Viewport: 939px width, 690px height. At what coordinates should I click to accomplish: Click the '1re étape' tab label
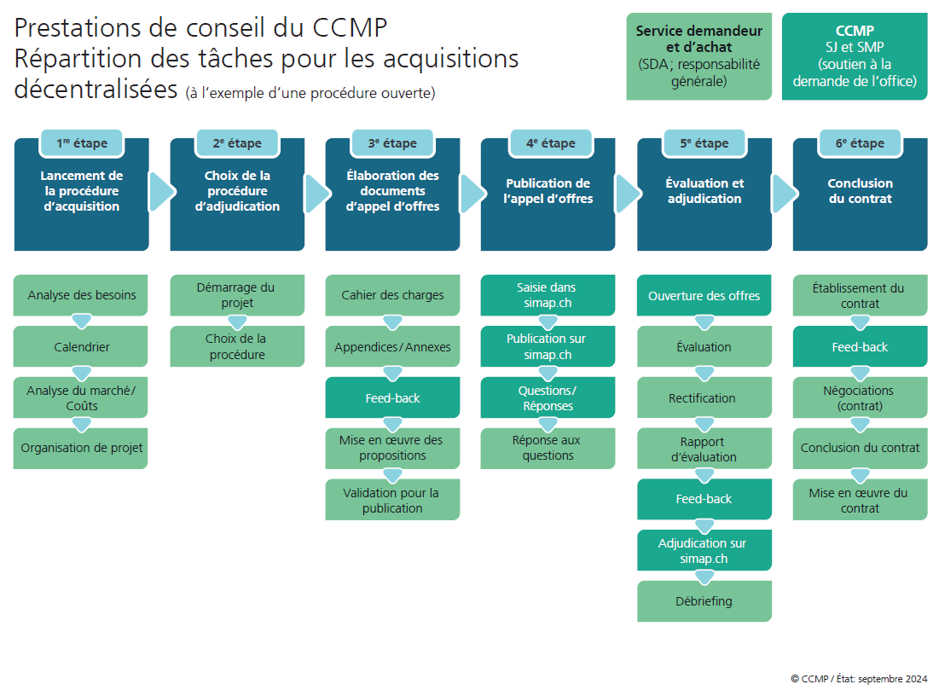click(82, 143)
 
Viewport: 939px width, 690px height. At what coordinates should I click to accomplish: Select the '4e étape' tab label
click(548, 143)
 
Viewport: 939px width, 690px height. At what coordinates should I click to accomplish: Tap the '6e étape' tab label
click(860, 143)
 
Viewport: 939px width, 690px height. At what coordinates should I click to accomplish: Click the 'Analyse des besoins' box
click(81, 296)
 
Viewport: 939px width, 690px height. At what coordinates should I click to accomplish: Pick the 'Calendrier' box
click(81, 347)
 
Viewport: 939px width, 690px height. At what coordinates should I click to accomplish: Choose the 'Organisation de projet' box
click(81, 448)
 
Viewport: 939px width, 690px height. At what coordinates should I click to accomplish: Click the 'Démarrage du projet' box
click(236, 295)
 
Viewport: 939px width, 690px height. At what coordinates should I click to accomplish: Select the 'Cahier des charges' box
click(392, 296)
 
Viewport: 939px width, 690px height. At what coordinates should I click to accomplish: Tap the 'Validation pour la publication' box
click(392, 500)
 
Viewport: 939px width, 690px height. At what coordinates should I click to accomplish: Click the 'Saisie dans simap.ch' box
click(548, 295)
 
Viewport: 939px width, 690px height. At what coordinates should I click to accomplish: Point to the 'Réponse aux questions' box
click(548, 448)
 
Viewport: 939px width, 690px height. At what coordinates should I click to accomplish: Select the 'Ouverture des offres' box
click(704, 296)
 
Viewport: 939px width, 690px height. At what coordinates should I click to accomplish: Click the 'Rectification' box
click(704, 398)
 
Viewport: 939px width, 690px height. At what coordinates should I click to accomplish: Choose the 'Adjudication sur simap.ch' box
click(704, 551)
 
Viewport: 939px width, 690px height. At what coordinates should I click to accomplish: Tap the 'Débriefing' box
click(704, 601)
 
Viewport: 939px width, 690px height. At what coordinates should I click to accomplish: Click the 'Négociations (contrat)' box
click(860, 397)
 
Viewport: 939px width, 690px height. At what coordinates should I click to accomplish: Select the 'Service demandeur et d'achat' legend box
click(699, 56)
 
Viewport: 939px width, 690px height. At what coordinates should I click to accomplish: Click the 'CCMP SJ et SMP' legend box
click(855, 56)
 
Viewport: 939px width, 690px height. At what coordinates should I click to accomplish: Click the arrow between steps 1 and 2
click(159, 193)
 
